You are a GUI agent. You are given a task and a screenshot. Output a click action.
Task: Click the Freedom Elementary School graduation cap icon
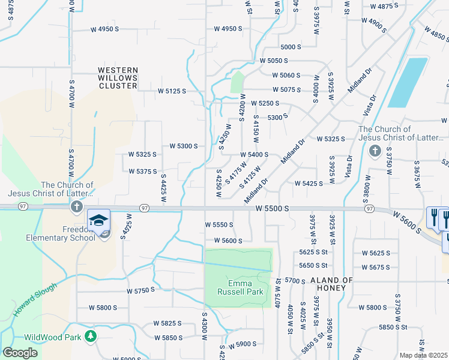99,220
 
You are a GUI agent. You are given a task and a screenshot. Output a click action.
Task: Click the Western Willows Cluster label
118,78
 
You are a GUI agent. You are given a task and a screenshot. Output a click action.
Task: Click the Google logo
20,353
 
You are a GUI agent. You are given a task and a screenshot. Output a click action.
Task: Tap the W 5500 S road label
272,208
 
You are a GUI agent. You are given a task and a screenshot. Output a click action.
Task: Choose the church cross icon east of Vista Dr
375,151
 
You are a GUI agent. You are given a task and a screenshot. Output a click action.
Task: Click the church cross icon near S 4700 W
76,208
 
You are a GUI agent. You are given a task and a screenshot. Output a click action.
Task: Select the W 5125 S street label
172,91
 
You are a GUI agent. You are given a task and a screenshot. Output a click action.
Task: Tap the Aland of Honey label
331,284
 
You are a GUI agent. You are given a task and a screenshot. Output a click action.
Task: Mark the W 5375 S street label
142,171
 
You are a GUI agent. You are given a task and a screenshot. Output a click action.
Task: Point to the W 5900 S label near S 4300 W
243,344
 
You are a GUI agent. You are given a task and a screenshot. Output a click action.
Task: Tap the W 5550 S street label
218,224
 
